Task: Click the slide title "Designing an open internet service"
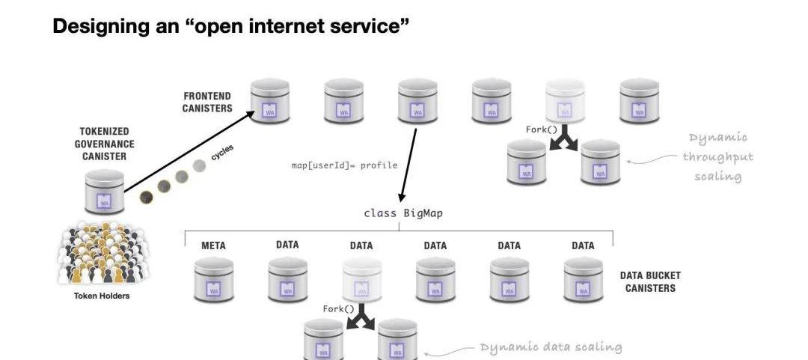231,27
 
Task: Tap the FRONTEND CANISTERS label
207,103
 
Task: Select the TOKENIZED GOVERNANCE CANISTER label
108,144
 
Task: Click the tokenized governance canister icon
104,192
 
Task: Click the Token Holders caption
102,296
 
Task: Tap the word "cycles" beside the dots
222,153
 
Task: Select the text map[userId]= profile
344,165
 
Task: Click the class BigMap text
403,213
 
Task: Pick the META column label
213,245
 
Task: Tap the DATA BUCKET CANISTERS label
650,281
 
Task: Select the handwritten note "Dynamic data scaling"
551,347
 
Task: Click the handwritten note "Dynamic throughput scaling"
717,157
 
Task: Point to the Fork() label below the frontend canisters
542,129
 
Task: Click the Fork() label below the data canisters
339,309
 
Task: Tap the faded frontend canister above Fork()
565,101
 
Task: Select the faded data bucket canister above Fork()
362,280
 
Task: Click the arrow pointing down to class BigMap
408,162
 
